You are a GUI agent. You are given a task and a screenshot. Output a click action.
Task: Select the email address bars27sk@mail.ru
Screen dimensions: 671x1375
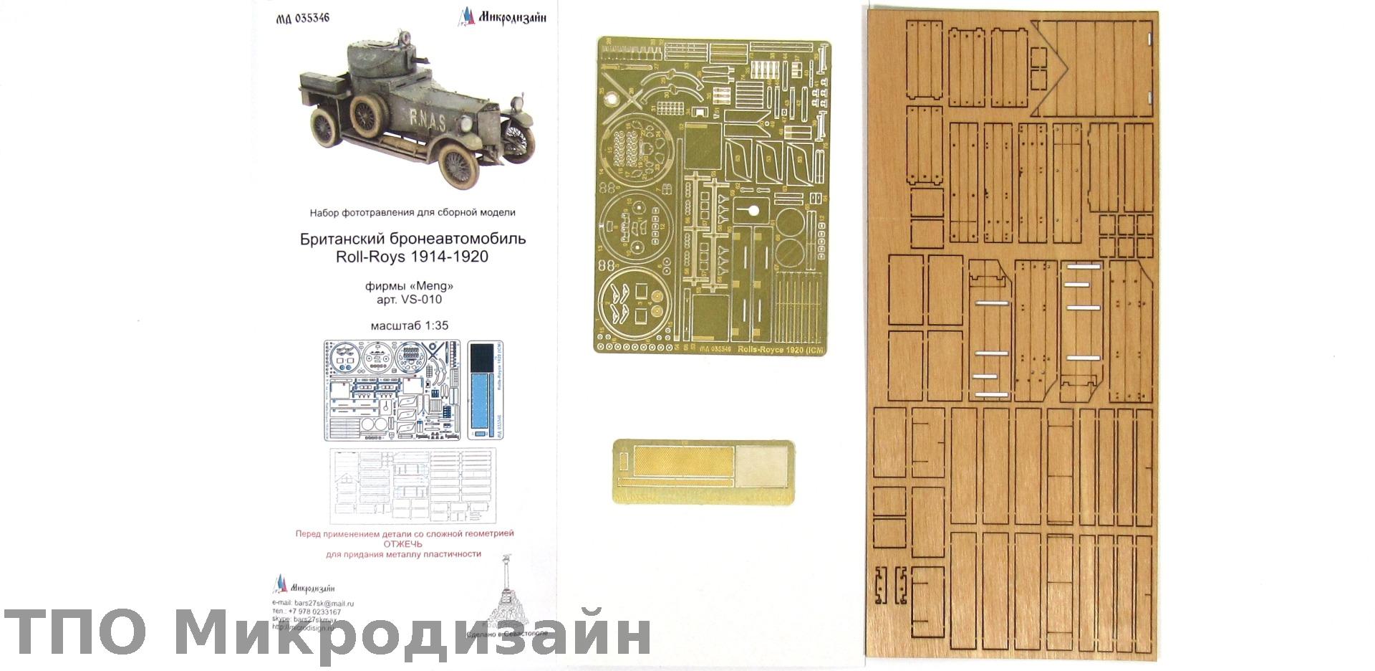point(324,604)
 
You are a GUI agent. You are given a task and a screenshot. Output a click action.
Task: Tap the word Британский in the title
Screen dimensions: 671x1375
point(340,239)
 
